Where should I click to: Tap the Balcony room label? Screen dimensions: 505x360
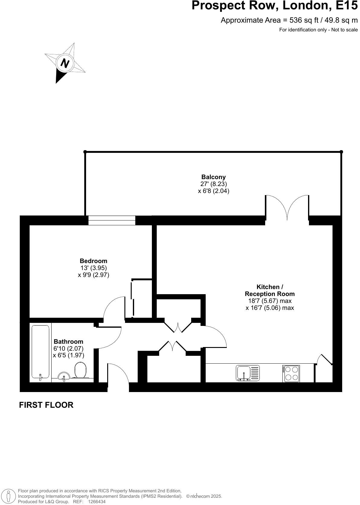point(214,177)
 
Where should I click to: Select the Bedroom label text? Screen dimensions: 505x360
point(93,261)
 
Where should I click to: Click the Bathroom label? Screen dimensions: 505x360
point(68,342)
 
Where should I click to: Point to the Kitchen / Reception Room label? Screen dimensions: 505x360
point(270,290)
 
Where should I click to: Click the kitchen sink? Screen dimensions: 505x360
point(247,373)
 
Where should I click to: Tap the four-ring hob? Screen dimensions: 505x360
point(291,374)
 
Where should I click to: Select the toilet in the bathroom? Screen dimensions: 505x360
point(80,370)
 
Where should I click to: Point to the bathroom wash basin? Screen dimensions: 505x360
point(64,376)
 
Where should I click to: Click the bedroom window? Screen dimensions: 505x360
point(112,220)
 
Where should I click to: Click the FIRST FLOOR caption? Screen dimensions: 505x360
point(46,405)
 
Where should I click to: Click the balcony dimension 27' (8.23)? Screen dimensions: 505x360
point(214,184)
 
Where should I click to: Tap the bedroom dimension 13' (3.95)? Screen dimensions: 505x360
point(93,268)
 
